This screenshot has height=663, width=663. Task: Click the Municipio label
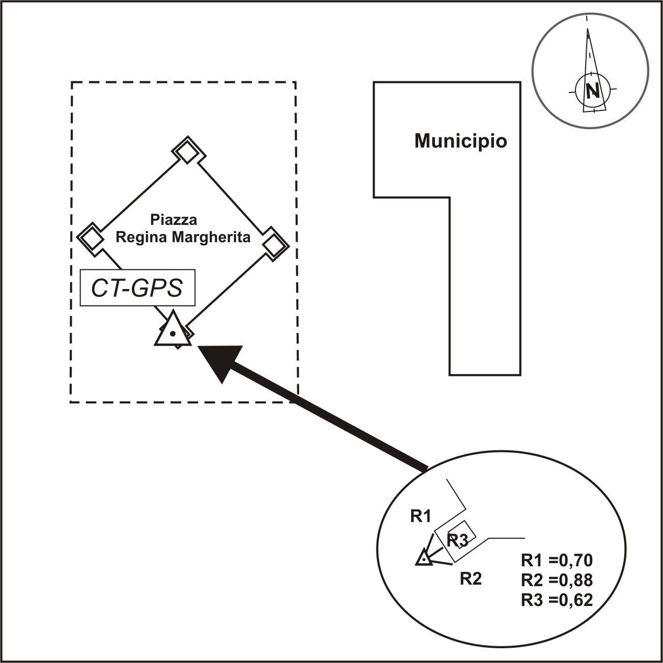pyautogui.click(x=460, y=141)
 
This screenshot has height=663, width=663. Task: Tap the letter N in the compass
pyautogui.click(x=592, y=91)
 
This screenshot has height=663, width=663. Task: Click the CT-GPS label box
pyautogui.click(x=137, y=288)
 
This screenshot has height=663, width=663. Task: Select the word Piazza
pyautogui.click(x=174, y=220)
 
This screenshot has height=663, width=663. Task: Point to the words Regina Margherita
pyautogui.click(x=183, y=237)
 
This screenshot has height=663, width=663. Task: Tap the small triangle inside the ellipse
pyautogui.click(x=423, y=558)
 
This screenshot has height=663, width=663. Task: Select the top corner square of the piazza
pyautogui.click(x=188, y=151)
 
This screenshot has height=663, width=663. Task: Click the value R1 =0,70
pyautogui.click(x=557, y=560)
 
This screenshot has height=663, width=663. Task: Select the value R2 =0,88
pyautogui.click(x=557, y=580)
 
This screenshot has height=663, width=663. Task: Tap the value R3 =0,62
pyautogui.click(x=557, y=600)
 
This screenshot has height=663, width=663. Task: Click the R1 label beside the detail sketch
pyautogui.click(x=421, y=516)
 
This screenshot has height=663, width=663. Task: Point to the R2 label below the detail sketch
pyautogui.click(x=470, y=579)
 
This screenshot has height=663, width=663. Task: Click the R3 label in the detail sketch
pyautogui.click(x=457, y=540)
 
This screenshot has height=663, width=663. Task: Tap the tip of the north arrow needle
pyautogui.click(x=588, y=30)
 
